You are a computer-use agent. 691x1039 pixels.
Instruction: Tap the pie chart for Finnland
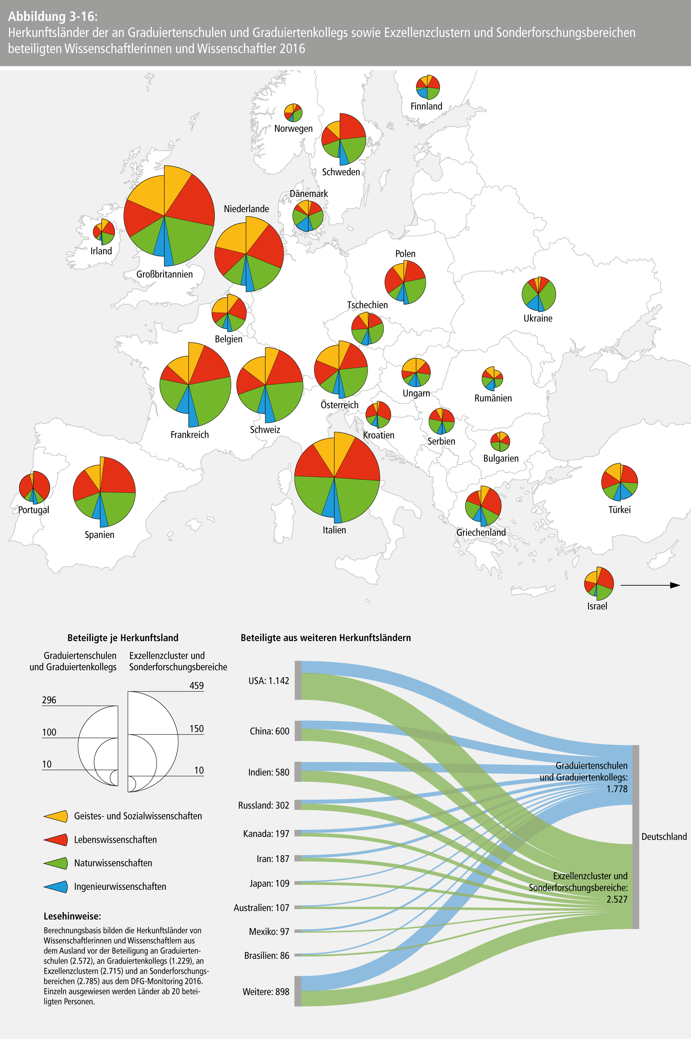428,87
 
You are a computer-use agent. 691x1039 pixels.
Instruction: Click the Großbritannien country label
164,274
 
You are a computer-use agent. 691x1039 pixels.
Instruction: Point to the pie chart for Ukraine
538,294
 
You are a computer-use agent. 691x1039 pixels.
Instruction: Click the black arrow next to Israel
650,585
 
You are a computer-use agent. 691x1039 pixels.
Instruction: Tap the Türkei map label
619,510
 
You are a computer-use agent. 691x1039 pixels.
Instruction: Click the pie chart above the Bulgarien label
500,441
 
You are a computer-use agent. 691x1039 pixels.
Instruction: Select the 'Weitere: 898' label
266,992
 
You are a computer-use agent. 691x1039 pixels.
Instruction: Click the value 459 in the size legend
197,685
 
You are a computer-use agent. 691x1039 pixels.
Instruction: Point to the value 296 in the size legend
49,700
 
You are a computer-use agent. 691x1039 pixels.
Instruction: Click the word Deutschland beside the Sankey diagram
664,837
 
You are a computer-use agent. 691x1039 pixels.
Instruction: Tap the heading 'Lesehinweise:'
72,916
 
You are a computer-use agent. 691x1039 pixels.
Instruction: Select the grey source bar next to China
298,731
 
